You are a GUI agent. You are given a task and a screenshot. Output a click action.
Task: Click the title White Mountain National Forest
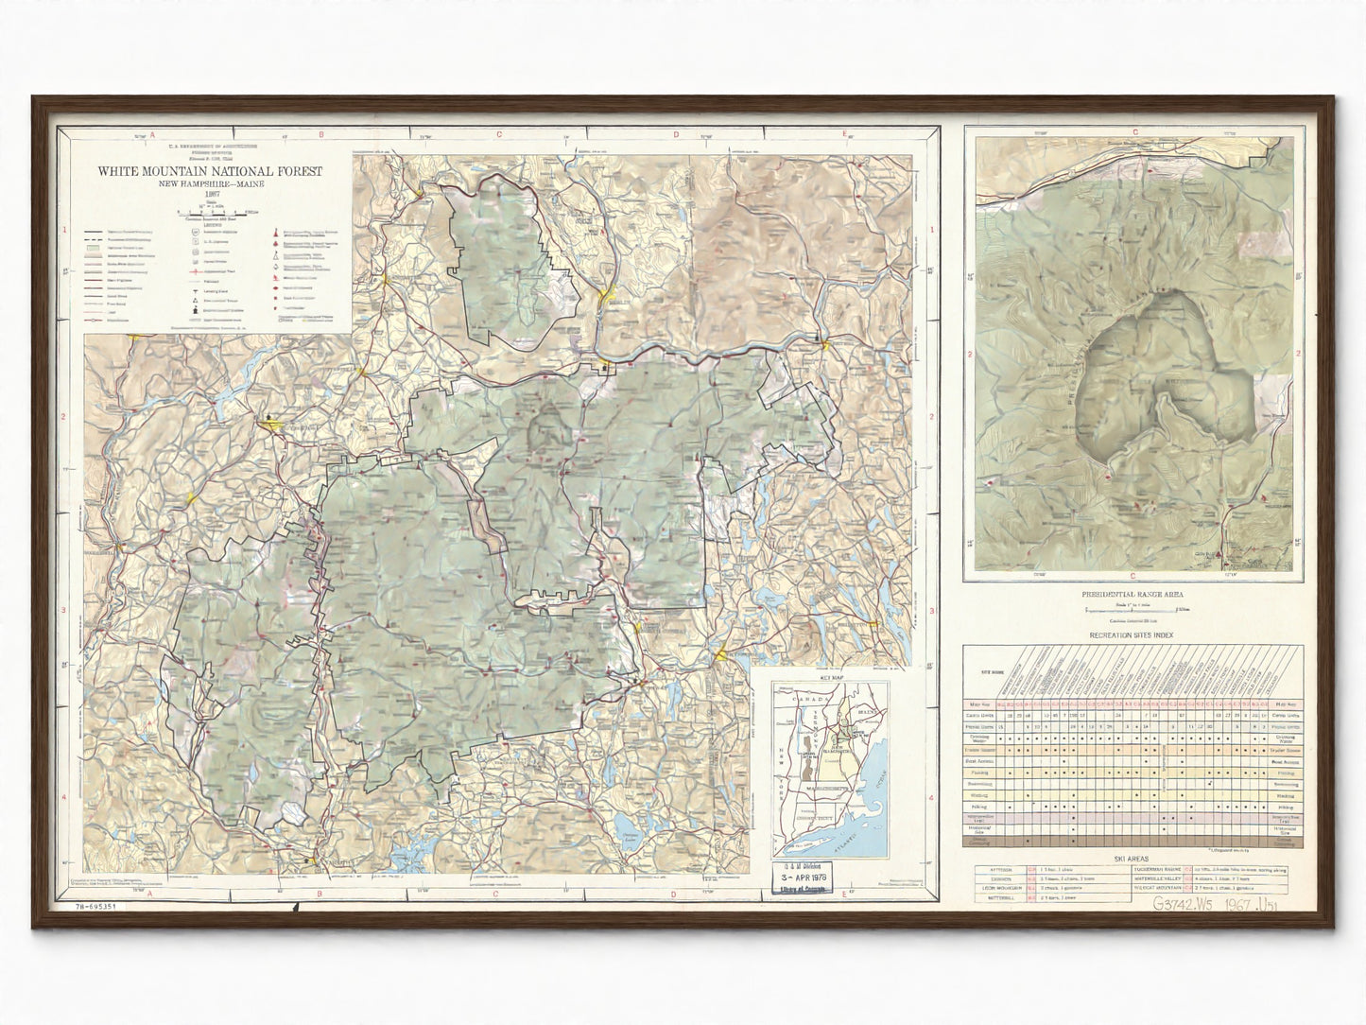pos(210,172)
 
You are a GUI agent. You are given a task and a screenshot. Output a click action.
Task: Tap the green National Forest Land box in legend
pos(92,250)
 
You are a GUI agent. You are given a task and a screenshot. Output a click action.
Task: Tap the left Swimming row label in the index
pos(979,784)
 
